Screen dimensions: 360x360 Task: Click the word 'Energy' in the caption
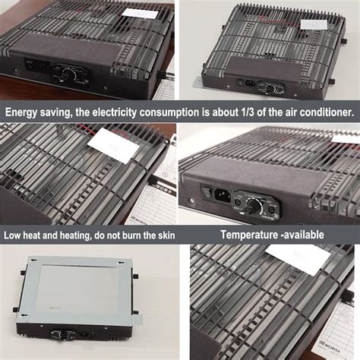[x=25, y=112]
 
